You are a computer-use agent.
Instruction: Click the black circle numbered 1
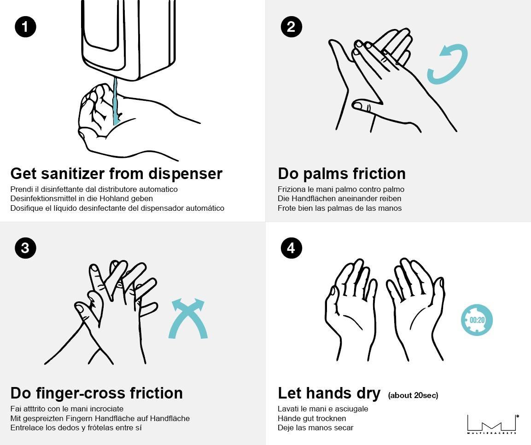point(25,27)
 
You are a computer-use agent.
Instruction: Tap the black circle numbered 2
point(291,27)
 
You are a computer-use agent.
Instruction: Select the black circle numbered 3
point(25,248)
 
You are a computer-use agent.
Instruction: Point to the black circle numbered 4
point(291,248)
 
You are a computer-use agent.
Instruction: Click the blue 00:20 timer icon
point(477,320)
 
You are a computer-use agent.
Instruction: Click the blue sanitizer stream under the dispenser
point(116,102)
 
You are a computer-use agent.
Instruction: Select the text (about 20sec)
point(413,395)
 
